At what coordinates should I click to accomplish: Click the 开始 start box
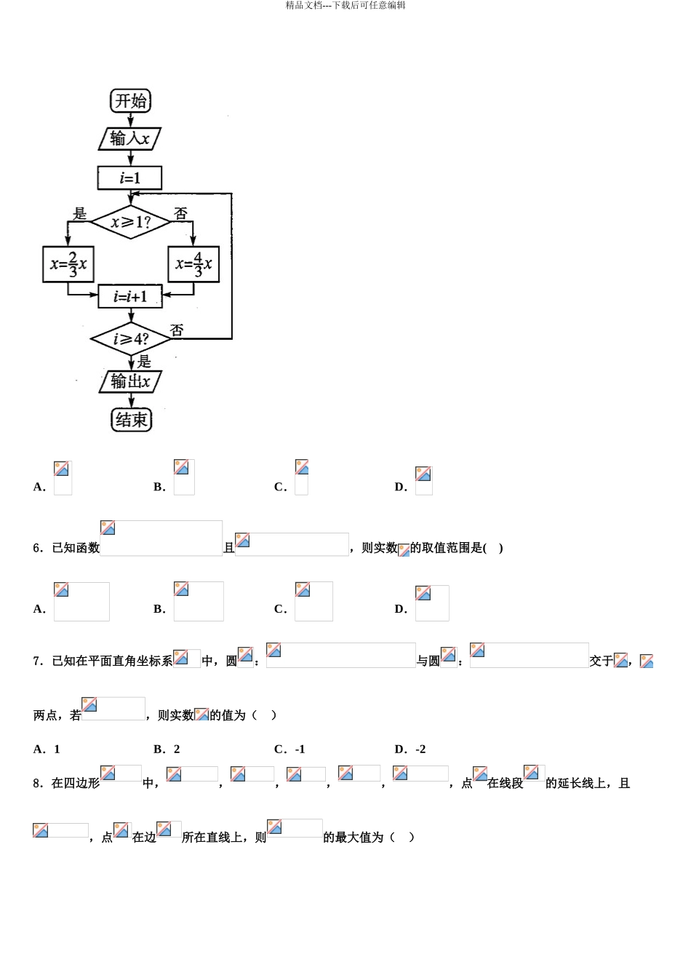(130, 101)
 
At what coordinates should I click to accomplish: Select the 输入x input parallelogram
(129, 139)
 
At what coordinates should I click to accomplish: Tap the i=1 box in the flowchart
(129, 178)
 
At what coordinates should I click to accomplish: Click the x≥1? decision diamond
(130, 222)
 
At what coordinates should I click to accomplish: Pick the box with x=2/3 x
(68, 264)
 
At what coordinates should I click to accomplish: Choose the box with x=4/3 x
(193, 264)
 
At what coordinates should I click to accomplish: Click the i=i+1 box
(130, 296)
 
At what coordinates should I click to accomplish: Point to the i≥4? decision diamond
(130, 339)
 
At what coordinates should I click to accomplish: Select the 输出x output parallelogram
(130, 381)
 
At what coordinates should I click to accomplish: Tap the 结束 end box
(131, 420)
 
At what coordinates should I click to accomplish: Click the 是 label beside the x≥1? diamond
(79, 213)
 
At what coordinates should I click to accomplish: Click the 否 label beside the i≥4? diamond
(177, 330)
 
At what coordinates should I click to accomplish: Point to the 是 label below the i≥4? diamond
(144, 362)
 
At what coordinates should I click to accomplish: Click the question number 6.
(38, 548)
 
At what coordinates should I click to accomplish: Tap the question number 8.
(38, 783)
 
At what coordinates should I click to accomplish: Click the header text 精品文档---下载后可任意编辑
(345, 5)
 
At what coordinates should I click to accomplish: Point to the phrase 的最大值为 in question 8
(353, 837)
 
